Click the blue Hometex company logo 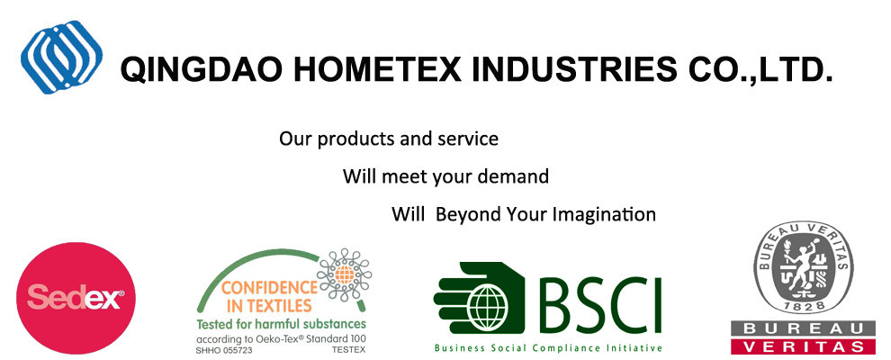pos(62,57)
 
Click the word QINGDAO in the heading pos(202,70)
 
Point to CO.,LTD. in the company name pos(760,70)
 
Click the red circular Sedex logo pos(76,298)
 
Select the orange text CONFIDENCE pos(269,288)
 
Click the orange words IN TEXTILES pos(269,306)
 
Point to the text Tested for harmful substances pos(282,325)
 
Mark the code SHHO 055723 pos(224,351)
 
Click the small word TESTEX pos(349,351)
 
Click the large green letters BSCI pos(600,305)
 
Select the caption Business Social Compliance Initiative pos(548,347)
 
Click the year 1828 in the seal pos(804,306)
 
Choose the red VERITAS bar pos(803,346)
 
